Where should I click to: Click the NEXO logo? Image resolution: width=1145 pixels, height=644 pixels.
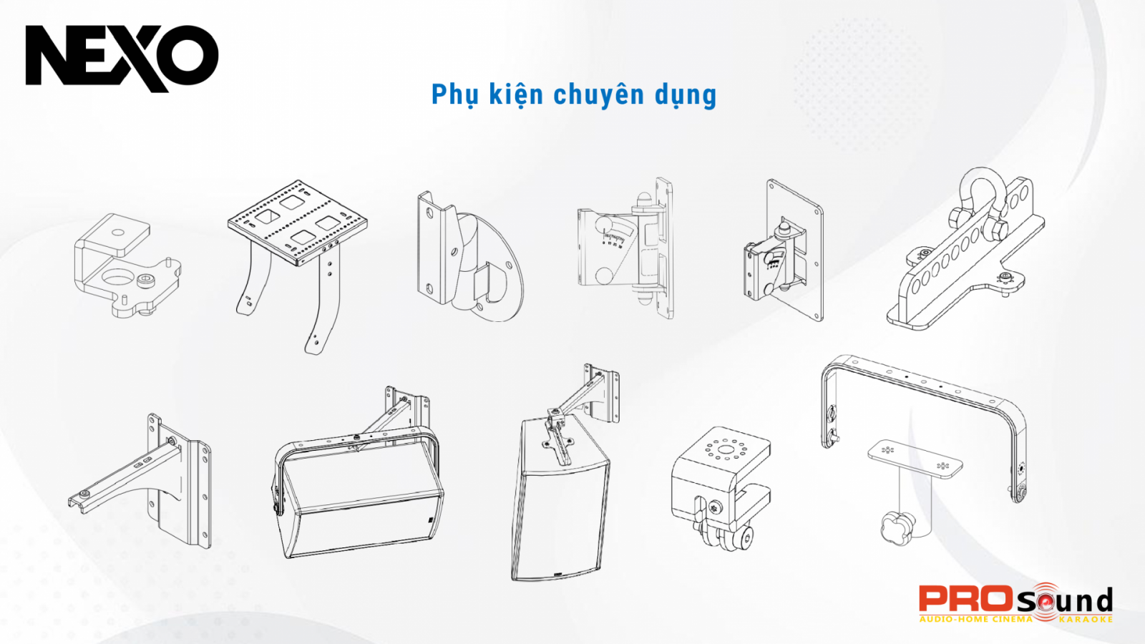(122, 57)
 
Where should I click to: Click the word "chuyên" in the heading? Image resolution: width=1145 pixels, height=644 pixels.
(598, 94)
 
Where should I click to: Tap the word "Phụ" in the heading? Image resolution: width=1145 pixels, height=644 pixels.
(454, 94)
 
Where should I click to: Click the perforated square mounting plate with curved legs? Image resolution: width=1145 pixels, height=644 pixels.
(297, 222)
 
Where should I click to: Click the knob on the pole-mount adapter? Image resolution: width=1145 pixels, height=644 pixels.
(895, 528)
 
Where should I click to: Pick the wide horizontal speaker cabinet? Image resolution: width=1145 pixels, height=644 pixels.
(358, 501)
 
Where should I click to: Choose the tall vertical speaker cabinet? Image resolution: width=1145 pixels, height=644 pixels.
(560, 501)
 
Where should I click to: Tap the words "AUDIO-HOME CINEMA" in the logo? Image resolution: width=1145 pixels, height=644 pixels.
(975, 620)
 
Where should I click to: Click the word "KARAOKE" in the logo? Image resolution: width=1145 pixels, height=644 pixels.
(1086, 620)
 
